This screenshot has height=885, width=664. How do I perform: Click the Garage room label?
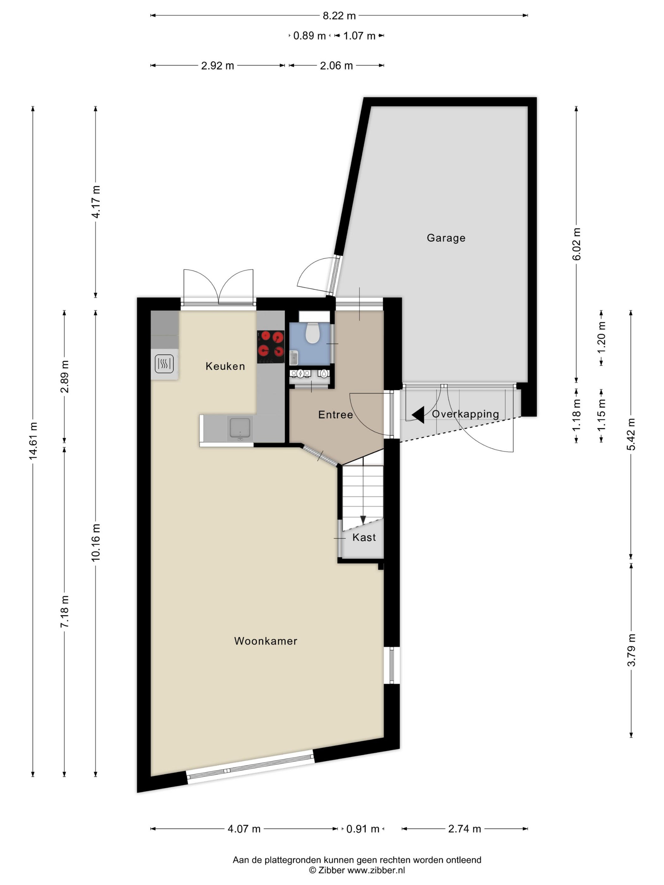pos(446,238)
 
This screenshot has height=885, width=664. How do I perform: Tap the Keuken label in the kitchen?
pos(225,366)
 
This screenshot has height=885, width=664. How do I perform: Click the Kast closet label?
pos(364,537)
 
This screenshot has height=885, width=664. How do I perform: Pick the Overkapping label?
pos(465,414)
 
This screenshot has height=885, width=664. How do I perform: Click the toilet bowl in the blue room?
pos(312,333)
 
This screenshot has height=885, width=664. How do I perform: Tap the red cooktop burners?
pos(271,346)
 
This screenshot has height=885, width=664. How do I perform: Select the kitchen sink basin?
pos(240,428)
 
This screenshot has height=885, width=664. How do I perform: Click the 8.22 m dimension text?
pos(339,15)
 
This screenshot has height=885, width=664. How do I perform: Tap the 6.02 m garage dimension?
pos(576,244)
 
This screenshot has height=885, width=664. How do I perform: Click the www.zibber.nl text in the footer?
pos(376,870)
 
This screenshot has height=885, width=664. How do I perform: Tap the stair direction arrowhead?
pos(363,520)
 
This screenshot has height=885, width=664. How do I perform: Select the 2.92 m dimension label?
pos(217,66)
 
